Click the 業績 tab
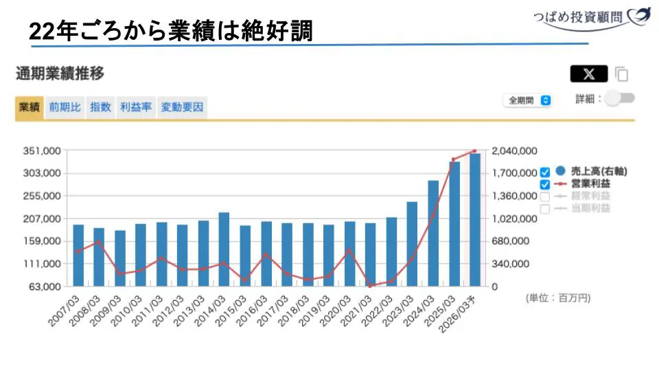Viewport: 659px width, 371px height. click(30, 107)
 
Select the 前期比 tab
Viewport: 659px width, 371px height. click(65, 107)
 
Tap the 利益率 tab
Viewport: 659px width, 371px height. click(135, 107)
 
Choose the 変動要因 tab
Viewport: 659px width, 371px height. click(182, 107)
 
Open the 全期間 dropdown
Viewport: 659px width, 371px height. click(527, 100)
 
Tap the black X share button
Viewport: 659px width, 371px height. click(588, 74)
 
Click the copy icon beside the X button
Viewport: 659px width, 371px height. click(621, 74)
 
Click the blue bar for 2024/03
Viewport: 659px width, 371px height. click(433, 234)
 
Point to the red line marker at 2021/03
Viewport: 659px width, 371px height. click(370, 285)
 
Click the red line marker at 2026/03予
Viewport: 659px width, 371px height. click(474, 151)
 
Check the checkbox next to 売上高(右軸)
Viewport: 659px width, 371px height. click(545, 172)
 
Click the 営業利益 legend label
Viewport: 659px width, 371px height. click(590, 183)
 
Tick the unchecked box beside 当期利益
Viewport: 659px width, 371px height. click(545, 208)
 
